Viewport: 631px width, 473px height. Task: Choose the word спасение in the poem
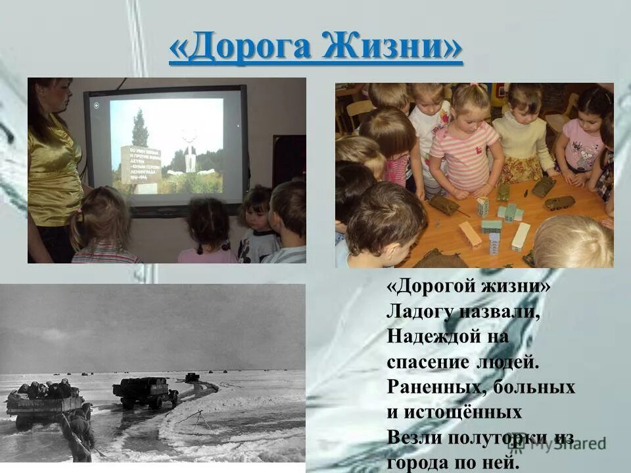[x=425, y=362]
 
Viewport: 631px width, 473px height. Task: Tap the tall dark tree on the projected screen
[x=140, y=127]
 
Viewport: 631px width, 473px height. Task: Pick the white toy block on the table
[x=521, y=236]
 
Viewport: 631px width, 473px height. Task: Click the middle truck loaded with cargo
[x=145, y=391]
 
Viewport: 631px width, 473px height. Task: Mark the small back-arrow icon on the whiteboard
[x=97, y=105]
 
